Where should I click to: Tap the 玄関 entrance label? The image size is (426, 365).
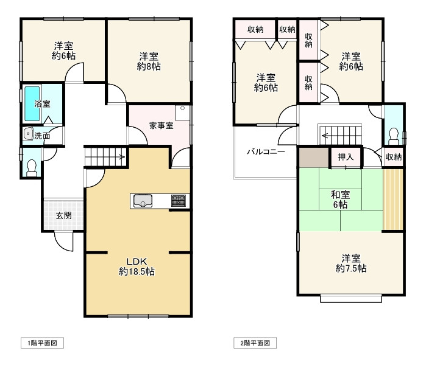click(63, 215)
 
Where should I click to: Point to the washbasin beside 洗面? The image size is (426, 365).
click(27, 134)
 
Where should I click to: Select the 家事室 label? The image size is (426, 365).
click(161, 126)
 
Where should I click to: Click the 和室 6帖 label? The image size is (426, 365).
click(340, 200)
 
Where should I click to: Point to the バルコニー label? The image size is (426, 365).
click(266, 151)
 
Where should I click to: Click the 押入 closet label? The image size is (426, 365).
click(346, 157)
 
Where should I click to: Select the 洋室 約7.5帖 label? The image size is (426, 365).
click(350, 263)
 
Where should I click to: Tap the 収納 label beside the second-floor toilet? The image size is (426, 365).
click(394, 157)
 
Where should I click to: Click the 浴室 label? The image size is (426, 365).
click(42, 104)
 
